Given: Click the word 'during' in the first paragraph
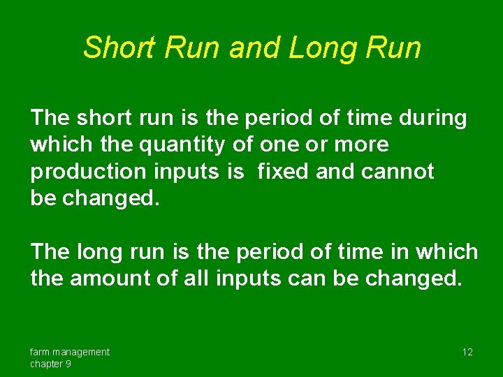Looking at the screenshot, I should pyautogui.click(x=432, y=118).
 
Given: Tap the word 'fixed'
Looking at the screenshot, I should pyautogui.click(x=284, y=171).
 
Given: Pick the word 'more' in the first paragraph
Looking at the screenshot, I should pyautogui.click(x=361, y=145).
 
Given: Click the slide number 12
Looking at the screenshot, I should pyautogui.click(x=467, y=352).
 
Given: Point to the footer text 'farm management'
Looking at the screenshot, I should pyautogui.click(x=69, y=352).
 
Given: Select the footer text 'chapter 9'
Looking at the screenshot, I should pyautogui.click(x=50, y=364).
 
